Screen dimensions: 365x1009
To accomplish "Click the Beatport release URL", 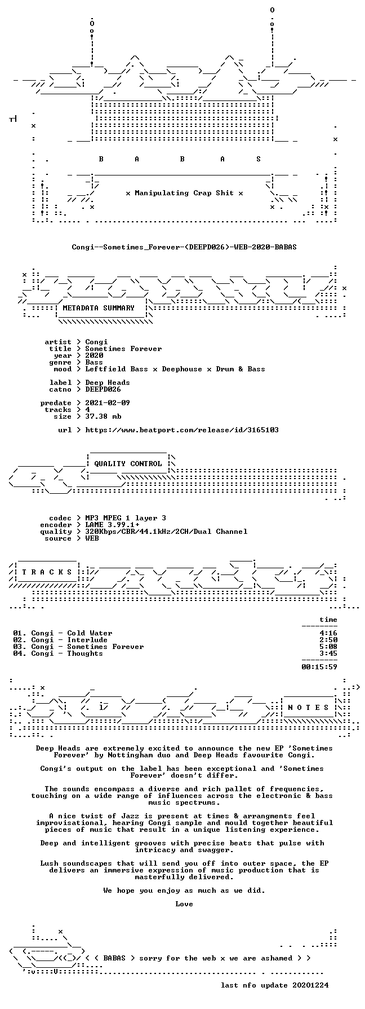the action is coord(182,430).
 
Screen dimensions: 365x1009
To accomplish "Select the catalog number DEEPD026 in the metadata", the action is coord(103,389).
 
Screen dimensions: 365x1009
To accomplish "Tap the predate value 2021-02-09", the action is coord(108,403).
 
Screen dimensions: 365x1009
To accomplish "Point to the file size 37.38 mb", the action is coord(103,416).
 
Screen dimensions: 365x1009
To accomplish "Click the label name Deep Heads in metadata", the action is coord(108,383).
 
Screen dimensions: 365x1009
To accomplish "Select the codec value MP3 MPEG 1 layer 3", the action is coord(126,518).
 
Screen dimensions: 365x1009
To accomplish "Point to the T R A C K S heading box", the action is coord(44,572).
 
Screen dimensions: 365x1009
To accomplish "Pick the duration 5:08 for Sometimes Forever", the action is coord(328,647).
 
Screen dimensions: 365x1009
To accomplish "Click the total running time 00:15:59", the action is coord(319,667).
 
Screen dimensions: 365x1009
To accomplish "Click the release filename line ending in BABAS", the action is coord(184,247).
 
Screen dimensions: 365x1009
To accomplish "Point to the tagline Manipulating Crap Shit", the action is coord(184,193).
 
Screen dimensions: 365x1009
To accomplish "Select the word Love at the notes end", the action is coord(184,904).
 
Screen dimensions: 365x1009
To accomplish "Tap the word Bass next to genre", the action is coord(94,362).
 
